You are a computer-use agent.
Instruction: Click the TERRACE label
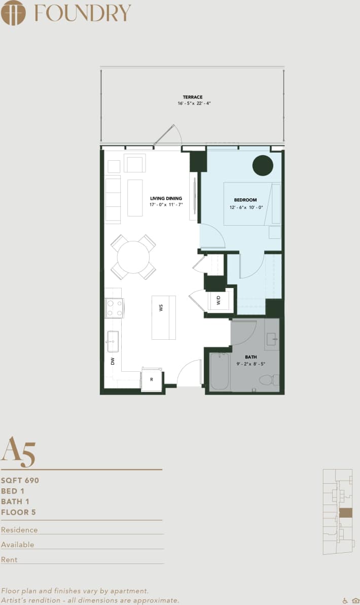coord(193,97)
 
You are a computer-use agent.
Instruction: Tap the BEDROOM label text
coord(245,200)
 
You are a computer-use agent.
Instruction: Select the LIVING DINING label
coord(166,198)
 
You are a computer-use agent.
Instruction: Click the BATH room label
coord(251,357)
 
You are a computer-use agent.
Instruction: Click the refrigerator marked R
coord(151,379)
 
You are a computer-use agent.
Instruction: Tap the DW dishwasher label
coord(113,361)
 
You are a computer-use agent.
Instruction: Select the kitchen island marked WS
coord(163,317)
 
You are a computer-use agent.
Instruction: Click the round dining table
coord(133,257)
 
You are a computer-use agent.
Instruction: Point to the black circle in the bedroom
coord(263,165)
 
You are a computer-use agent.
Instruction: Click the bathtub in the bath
coord(220,372)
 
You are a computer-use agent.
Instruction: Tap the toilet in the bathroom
coord(267,379)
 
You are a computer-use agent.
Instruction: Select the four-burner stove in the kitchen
coord(114,308)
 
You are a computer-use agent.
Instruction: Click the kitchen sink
coord(113,341)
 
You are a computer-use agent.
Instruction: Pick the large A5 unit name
coord(18,451)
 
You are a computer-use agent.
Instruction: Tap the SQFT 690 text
coord(20,480)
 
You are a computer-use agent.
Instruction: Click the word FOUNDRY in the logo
coord(83,13)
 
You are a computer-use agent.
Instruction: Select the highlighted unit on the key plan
coord(345,512)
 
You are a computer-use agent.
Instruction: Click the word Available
coord(18,545)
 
